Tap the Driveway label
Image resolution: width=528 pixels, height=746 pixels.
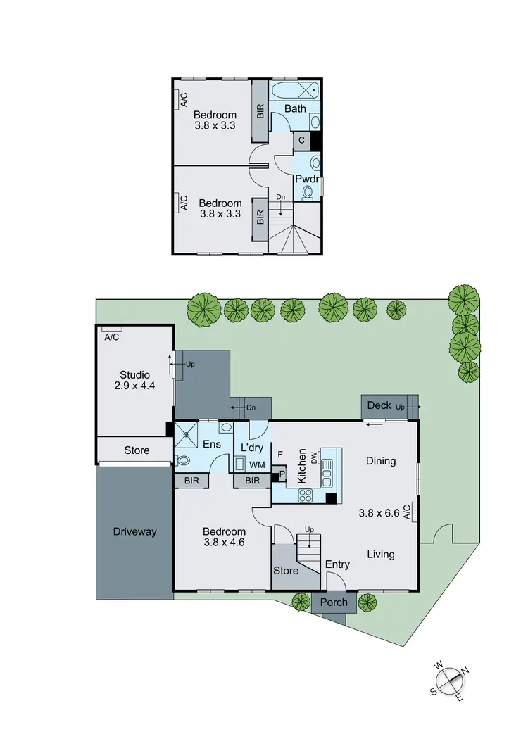(x=134, y=532)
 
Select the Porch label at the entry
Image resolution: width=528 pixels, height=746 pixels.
(x=334, y=602)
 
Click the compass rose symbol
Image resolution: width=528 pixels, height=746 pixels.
(x=449, y=681)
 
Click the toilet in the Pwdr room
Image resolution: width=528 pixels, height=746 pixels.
(x=308, y=191)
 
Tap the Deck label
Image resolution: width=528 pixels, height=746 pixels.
(x=379, y=405)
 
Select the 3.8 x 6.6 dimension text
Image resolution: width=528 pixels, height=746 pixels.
(x=379, y=513)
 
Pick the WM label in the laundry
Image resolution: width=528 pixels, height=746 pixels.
(x=256, y=465)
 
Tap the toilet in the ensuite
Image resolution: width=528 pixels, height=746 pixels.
(x=183, y=461)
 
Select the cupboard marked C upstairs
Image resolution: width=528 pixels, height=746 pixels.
(x=301, y=141)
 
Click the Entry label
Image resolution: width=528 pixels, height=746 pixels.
(x=337, y=564)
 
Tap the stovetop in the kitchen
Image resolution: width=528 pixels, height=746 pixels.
(x=306, y=495)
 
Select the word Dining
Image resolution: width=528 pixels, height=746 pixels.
(x=381, y=461)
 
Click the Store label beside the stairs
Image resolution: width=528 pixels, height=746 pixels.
(x=285, y=570)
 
